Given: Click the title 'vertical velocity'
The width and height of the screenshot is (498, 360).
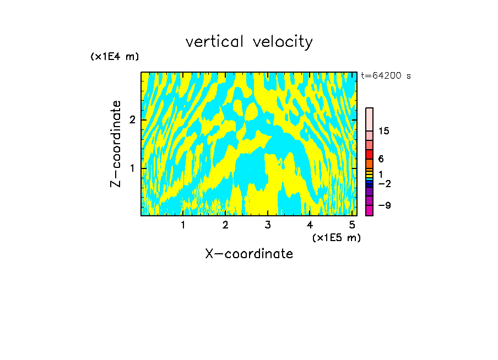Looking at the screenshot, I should click(249, 42).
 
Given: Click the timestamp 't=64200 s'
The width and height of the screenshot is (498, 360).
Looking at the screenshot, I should click(386, 76).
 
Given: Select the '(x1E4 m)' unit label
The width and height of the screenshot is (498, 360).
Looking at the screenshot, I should click(115, 57).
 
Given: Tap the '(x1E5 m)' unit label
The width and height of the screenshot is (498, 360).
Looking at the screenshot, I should click(336, 237).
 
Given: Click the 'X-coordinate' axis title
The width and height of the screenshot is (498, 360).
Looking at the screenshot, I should click(249, 254).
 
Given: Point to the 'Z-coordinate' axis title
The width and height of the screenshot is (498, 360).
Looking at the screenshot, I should click(116, 144).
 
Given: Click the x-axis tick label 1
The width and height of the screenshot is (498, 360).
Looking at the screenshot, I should click(183, 225).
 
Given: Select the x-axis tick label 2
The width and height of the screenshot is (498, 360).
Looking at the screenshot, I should click(225, 225).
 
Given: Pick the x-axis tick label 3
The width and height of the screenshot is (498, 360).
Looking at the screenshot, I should click(268, 225).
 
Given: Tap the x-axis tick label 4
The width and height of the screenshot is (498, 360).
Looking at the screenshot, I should click(310, 225).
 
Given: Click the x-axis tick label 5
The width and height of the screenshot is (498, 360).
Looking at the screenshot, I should click(353, 225).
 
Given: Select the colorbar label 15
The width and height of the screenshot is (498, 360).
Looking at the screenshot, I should click(384, 131).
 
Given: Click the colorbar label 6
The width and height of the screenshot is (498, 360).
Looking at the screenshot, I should click(381, 159).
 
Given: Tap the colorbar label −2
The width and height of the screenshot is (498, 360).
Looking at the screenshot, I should click(384, 184).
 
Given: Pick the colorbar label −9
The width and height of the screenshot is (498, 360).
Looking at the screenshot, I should click(384, 206).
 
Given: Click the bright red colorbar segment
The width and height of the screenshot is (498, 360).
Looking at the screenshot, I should click(369, 154).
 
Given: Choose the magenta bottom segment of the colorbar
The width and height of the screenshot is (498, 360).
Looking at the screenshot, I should click(369, 210).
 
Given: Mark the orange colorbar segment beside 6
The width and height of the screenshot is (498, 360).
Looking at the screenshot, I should click(369, 163).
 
